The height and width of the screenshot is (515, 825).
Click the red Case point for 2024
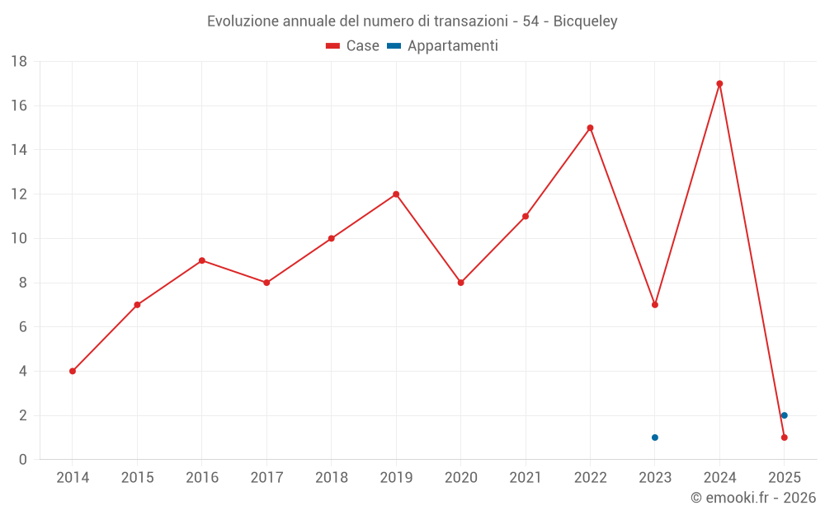[719, 83]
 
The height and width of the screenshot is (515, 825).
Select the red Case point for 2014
[73, 371]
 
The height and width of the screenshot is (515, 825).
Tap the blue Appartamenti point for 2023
[655, 438]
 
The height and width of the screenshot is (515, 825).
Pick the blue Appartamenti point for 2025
[785, 415]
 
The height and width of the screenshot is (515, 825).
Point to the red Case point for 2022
[590, 128]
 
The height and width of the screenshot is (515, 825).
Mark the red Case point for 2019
[396, 194]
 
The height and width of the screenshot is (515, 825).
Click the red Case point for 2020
[461, 283]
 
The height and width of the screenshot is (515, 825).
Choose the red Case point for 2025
[785, 438]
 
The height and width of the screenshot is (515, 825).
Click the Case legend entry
[352, 46]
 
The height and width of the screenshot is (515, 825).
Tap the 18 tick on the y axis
[19, 62]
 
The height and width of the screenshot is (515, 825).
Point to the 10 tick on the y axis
[19, 239]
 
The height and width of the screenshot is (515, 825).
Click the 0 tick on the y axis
[23, 460]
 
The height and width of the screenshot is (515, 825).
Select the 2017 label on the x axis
[266, 478]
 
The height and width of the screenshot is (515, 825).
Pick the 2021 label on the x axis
[526, 478]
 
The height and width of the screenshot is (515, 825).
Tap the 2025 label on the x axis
[785, 478]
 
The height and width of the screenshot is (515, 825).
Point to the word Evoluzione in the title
[243, 21]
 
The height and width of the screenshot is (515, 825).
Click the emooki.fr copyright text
[753, 498]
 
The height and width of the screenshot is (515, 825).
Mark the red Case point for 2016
[202, 260]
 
